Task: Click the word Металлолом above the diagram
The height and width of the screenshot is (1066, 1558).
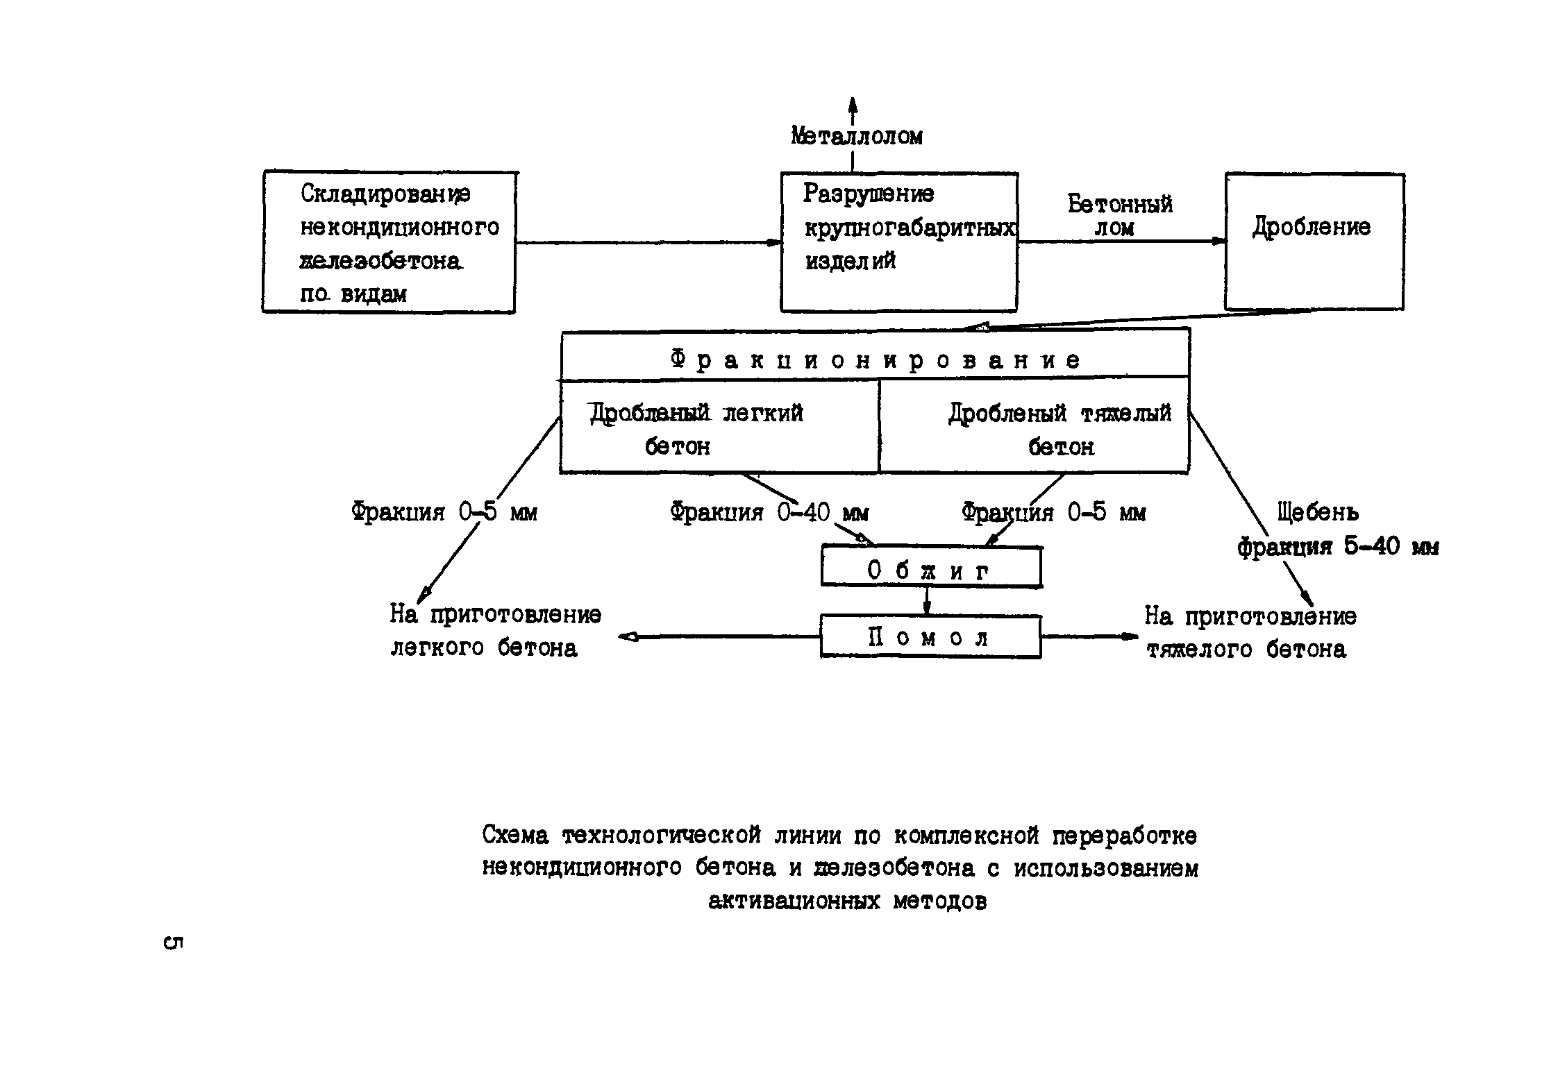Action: point(857,136)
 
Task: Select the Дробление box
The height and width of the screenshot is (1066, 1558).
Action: point(1314,241)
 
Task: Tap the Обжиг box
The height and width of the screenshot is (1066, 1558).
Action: point(930,567)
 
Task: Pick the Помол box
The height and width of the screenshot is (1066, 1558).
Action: point(930,636)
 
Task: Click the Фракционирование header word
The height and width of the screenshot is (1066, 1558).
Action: point(875,359)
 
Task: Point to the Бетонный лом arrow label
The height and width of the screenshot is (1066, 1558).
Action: point(1119,215)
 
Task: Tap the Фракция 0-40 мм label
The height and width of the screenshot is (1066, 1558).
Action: point(769,513)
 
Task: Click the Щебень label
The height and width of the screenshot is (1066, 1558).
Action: point(1318,512)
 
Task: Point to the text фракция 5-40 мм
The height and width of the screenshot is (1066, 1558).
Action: point(1337,548)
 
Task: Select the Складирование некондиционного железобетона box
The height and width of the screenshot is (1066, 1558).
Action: point(389,242)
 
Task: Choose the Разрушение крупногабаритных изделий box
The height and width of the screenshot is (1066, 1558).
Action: point(899,242)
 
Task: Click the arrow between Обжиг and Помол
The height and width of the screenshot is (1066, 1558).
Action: point(926,600)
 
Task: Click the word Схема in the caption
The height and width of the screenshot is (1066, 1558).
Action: point(515,836)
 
